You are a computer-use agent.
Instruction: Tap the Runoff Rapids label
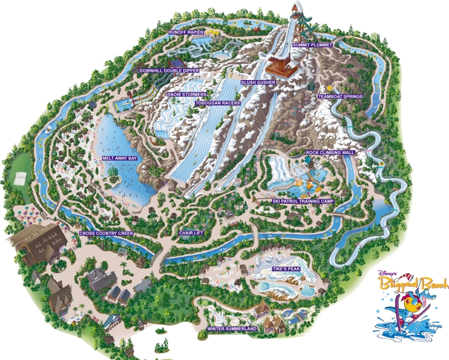187,31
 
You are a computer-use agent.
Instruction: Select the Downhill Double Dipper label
160,70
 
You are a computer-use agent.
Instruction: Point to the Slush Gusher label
258,82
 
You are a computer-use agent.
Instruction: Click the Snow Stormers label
186,95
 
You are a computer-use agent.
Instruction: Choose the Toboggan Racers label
218,103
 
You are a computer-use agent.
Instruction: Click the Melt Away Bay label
120,158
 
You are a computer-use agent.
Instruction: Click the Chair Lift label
192,233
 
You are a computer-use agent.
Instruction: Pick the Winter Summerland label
232,329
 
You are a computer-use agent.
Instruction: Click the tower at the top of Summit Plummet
296,12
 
